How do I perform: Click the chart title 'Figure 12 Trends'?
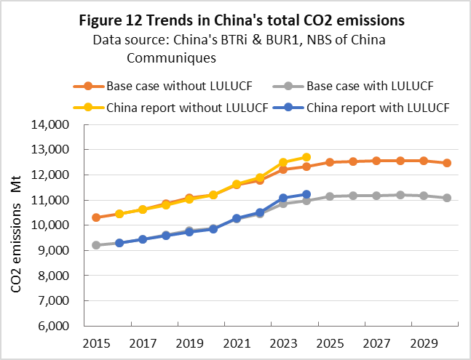tap(235, 20)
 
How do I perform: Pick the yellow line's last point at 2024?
tap(306, 157)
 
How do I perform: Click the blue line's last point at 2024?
tap(306, 194)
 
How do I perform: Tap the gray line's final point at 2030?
tap(447, 198)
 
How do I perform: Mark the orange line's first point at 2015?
tap(96, 217)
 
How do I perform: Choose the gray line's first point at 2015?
tap(96, 245)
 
